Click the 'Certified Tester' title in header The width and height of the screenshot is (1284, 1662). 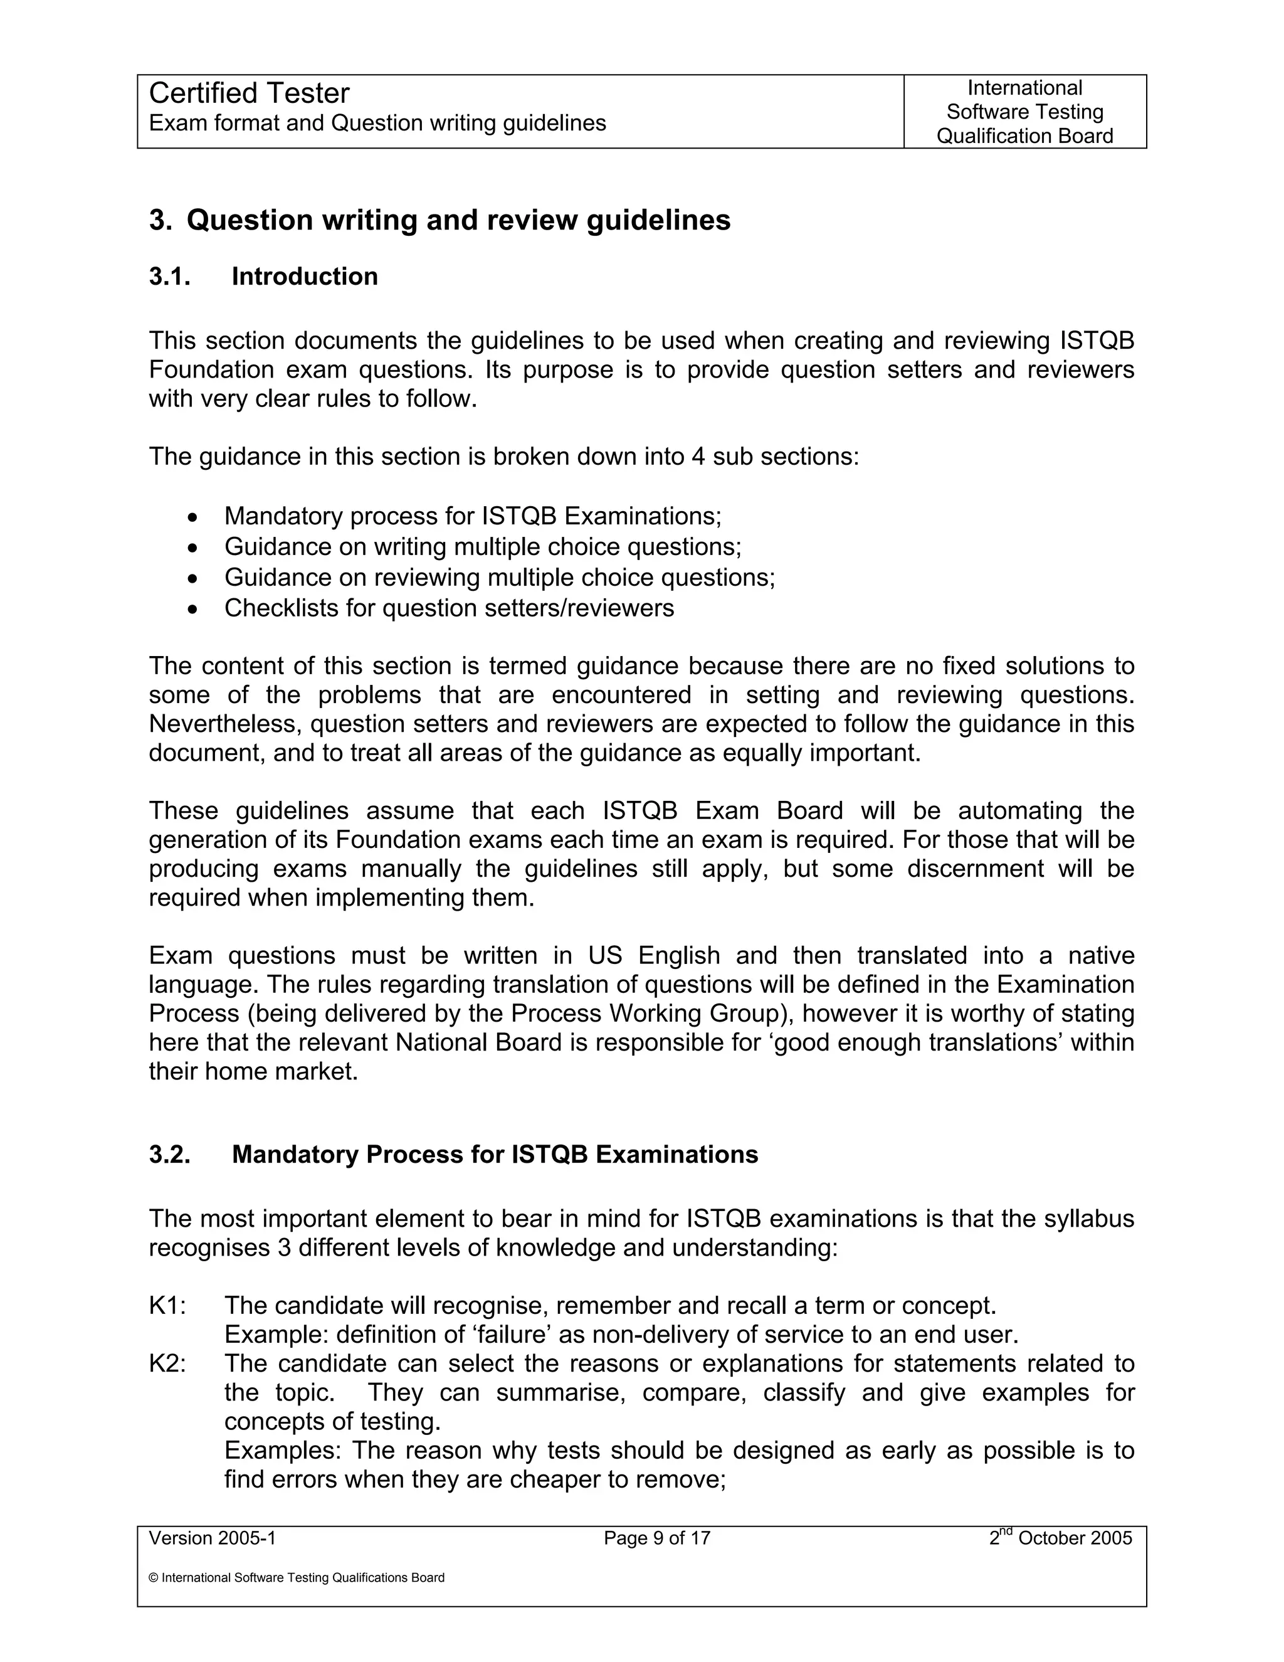coord(249,93)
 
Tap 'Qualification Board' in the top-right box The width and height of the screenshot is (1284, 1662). coord(1024,135)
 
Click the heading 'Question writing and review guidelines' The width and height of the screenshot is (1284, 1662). coord(458,220)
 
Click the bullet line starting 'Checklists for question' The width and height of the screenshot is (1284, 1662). coord(449,608)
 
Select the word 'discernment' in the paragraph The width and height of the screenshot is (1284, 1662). coord(975,868)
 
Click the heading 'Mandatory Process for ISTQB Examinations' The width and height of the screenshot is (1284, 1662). coord(495,1155)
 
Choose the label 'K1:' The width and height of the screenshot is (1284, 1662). coord(167,1306)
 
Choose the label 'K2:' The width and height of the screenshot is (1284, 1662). coord(167,1363)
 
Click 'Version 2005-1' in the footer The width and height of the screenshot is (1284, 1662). coord(213,1538)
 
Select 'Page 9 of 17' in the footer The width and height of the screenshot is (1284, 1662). coord(656,1538)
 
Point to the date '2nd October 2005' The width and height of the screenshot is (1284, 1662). coord(1060,1538)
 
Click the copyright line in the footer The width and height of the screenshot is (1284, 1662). coord(297,1577)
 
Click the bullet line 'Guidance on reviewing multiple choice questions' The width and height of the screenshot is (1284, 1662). coord(499,578)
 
